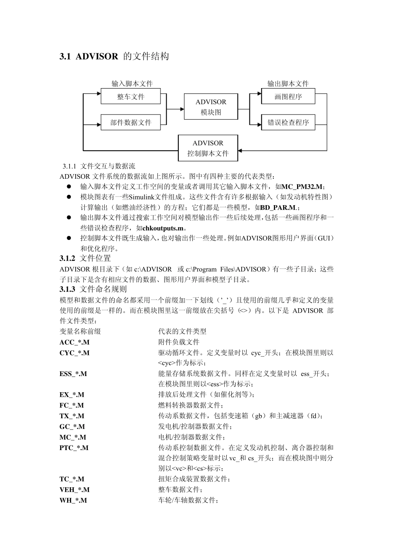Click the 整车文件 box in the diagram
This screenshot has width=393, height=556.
[130, 96]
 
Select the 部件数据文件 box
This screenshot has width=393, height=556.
[130, 122]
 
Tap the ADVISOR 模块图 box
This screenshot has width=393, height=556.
[211, 107]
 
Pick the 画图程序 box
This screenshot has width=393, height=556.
[288, 96]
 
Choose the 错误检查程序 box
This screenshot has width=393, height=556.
[288, 122]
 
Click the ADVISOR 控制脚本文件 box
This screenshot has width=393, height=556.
[208, 148]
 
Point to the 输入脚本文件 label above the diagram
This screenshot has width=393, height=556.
[132, 84]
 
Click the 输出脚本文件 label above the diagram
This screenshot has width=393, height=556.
[288, 84]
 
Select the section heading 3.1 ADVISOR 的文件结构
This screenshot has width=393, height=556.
[114, 56]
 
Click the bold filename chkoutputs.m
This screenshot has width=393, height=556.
[163, 228]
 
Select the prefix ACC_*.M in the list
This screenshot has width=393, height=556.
[74, 342]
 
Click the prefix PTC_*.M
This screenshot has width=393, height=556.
[74, 448]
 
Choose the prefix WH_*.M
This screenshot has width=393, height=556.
[73, 500]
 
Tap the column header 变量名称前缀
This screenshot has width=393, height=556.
[80, 331]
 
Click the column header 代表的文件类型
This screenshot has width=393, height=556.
[182, 331]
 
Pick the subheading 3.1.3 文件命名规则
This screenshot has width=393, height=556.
[93, 289]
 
